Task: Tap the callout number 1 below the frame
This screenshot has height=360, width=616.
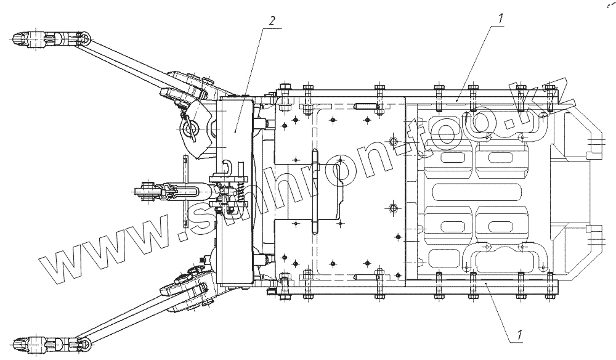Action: click(x=520, y=336)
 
